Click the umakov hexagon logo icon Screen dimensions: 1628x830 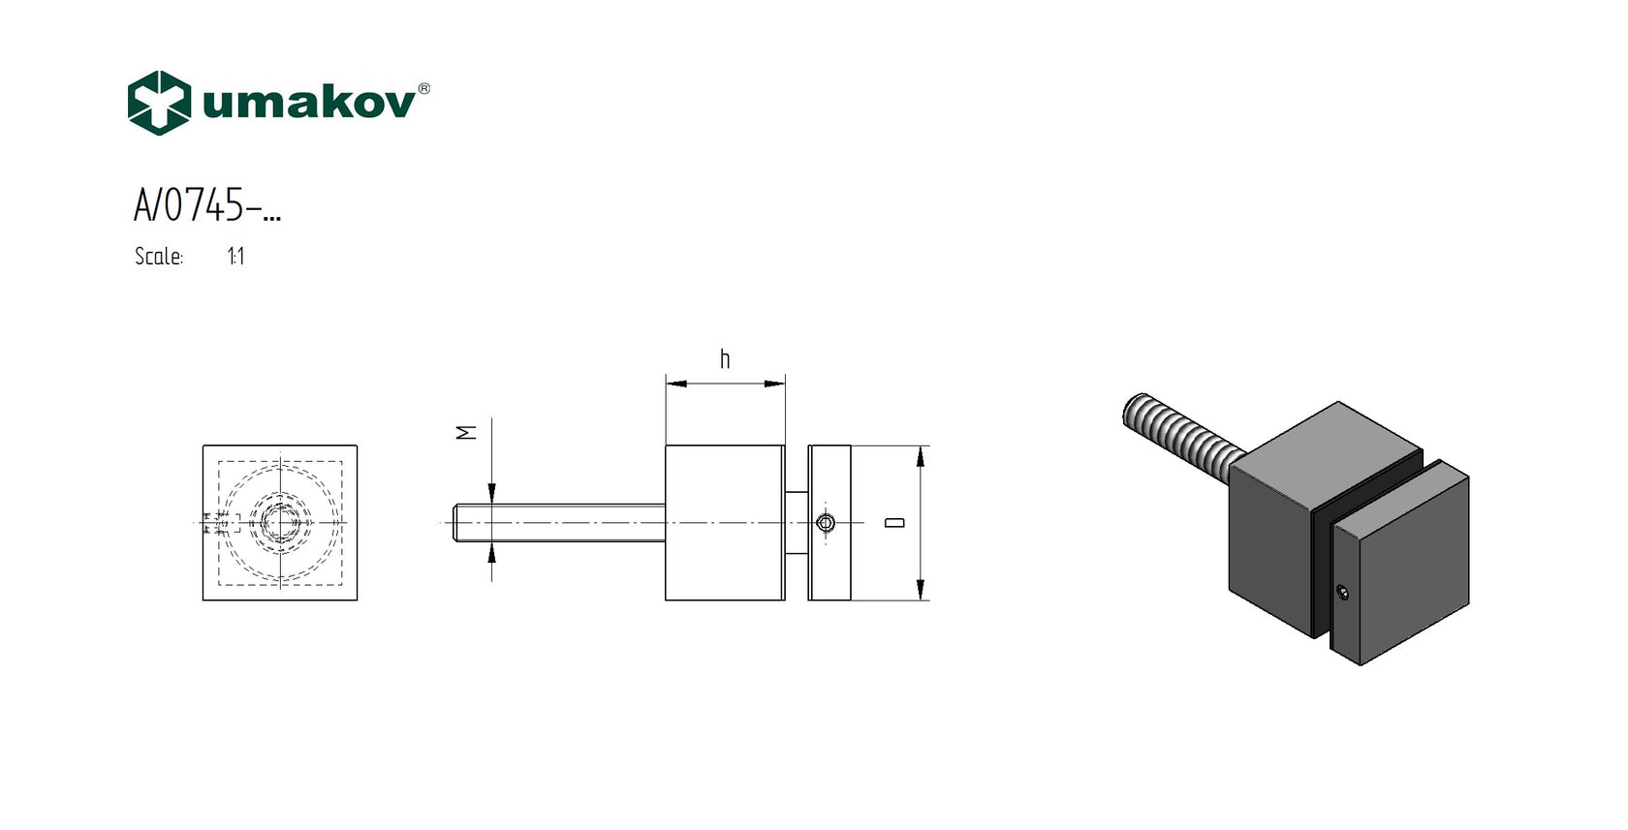click(x=159, y=103)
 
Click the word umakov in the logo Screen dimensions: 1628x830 click(x=309, y=103)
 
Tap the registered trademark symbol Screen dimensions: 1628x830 click(x=423, y=88)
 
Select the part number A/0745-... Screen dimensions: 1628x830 click(x=207, y=204)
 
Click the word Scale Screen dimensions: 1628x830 click(x=159, y=256)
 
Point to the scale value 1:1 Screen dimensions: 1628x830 click(x=235, y=257)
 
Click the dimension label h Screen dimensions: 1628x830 click(x=725, y=358)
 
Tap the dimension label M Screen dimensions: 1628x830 click(x=466, y=433)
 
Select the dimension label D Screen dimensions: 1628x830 click(x=894, y=523)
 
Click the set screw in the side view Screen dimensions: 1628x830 click(x=825, y=523)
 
